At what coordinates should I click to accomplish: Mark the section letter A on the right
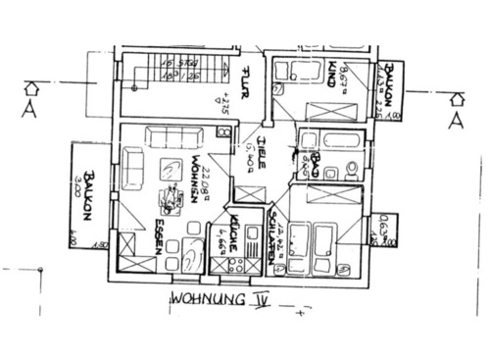coord(455,120)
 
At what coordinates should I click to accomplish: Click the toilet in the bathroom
coord(350,173)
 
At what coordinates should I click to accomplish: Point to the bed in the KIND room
coord(332,109)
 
